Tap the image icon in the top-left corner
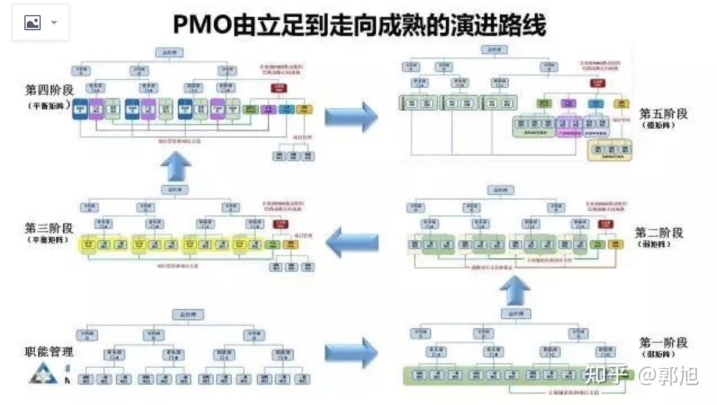click(x=33, y=23)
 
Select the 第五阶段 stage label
click(x=663, y=113)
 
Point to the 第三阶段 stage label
click(x=49, y=228)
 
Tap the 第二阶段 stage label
click(x=659, y=233)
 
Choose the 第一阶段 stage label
click(x=663, y=342)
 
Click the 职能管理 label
click(x=49, y=351)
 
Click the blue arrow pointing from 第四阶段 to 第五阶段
click(x=351, y=116)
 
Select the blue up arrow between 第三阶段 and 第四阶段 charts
click(x=176, y=169)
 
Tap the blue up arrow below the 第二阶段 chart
click(x=515, y=290)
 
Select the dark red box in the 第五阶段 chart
click(x=598, y=83)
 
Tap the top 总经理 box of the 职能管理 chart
click(x=188, y=315)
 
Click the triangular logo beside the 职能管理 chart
click(x=43, y=374)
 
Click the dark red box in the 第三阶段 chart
click(x=282, y=224)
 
